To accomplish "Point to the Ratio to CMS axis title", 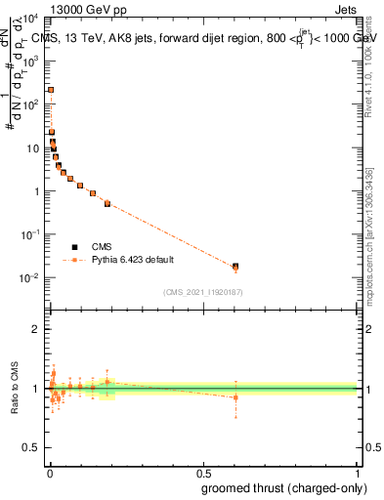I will pyautogui.click(x=15, y=388).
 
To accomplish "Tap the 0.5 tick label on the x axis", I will pyautogui.click(x=203, y=473).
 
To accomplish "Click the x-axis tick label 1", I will pyautogui.click(x=358, y=473).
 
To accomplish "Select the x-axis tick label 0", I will pyautogui.click(x=50, y=473).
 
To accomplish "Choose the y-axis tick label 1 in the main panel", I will pyautogui.click(x=36, y=191).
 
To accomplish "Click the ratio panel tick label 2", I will pyautogui.click(x=36, y=329).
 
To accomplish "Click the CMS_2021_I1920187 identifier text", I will pyautogui.click(x=203, y=292).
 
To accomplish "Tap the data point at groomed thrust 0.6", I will pyautogui.click(x=235, y=266).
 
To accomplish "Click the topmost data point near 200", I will pyautogui.click(x=51, y=90).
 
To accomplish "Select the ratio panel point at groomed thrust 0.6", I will pyautogui.click(x=235, y=397).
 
